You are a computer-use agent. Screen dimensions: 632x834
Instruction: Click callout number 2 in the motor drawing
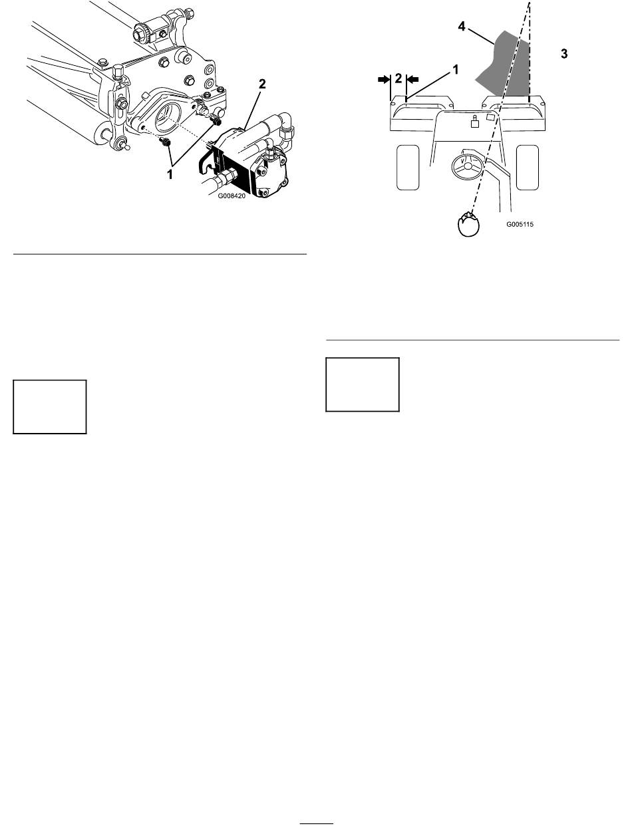(262, 84)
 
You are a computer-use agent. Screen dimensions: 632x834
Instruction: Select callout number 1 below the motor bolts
(170, 174)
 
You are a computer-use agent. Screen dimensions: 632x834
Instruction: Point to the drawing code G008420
(232, 196)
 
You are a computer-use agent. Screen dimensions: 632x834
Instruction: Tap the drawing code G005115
(520, 224)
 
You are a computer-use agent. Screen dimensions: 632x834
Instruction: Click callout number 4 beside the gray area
(462, 27)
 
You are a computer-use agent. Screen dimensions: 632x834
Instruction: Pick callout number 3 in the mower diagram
(564, 54)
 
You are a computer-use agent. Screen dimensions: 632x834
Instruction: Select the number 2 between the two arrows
(398, 78)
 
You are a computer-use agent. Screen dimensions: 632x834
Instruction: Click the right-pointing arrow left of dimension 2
(384, 79)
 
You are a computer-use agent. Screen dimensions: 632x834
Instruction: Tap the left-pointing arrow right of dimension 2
(412, 79)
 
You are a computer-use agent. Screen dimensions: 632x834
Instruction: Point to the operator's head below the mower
(468, 224)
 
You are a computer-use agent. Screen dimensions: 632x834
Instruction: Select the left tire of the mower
(408, 167)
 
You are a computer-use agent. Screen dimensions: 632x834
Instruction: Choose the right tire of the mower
(527, 167)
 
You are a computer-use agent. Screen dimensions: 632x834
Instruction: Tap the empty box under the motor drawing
(50, 406)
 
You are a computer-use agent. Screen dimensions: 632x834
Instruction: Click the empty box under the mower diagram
(363, 384)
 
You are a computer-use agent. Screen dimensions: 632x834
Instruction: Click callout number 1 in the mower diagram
(455, 70)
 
